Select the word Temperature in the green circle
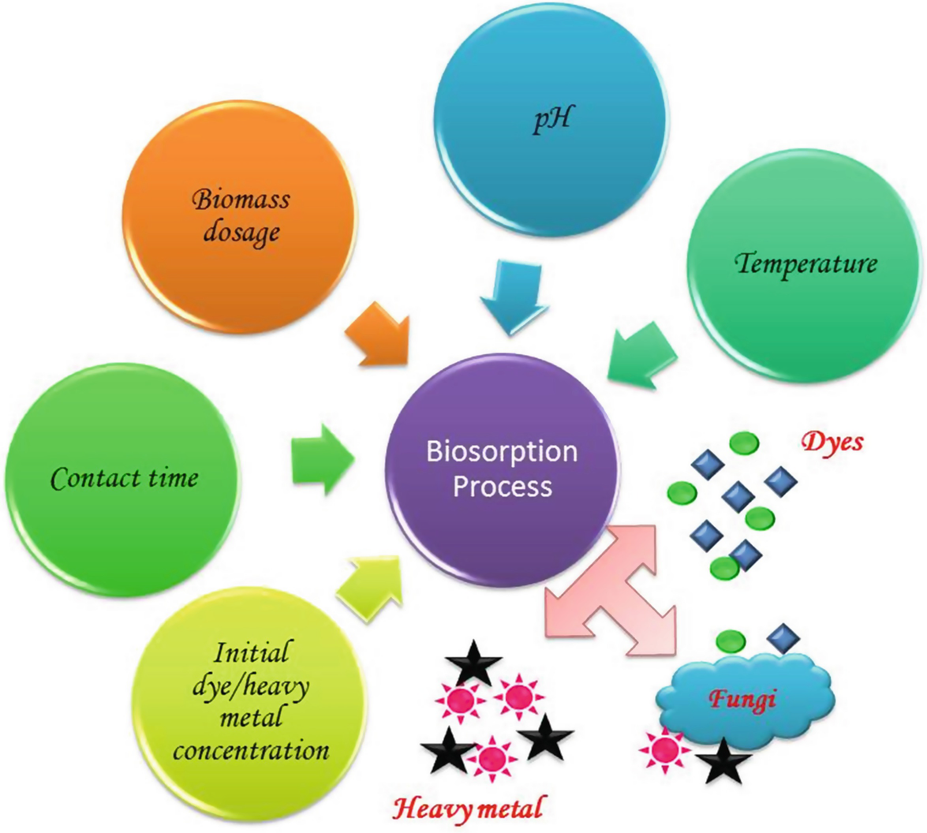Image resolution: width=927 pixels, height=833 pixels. [x=806, y=262]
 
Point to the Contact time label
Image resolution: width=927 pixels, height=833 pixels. [x=125, y=477]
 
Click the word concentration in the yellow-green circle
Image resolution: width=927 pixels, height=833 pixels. [x=250, y=749]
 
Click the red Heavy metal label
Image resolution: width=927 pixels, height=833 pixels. [x=468, y=808]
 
